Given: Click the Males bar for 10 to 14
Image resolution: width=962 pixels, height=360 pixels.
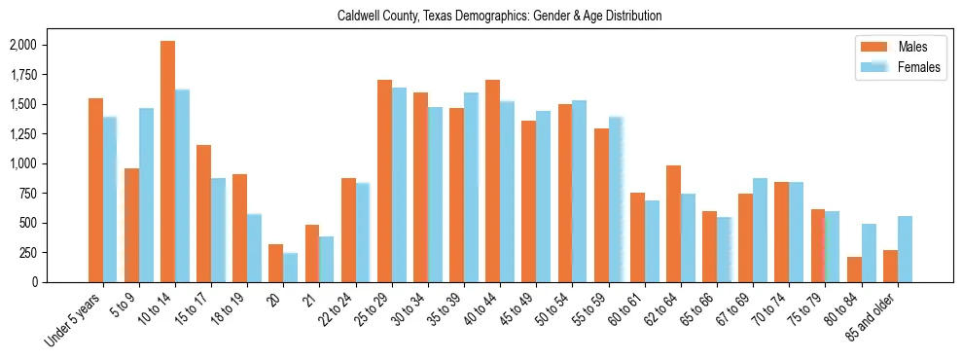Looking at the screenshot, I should tap(167, 162).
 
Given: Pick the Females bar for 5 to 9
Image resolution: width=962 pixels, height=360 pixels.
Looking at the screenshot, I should tap(146, 195).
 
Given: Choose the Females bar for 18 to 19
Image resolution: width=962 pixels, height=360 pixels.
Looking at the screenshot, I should tap(254, 248).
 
